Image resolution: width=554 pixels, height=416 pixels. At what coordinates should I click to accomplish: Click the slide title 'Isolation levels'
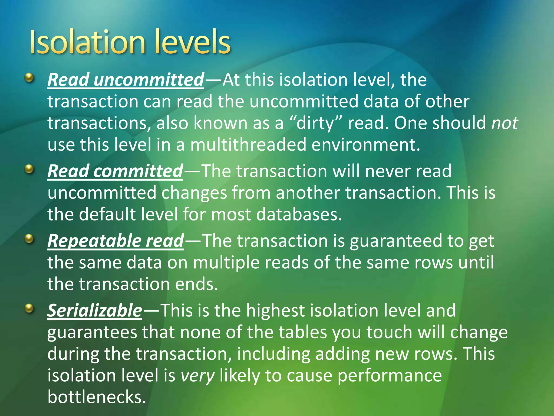[x=130, y=42]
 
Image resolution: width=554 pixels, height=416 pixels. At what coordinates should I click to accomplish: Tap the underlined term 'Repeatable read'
[x=116, y=241]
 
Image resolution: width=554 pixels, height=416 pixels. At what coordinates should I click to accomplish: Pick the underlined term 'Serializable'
[x=95, y=310]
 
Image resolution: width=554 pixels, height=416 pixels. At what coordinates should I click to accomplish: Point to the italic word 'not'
[x=504, y=123]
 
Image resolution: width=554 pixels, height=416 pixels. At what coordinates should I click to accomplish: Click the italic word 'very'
[x=197, y=376]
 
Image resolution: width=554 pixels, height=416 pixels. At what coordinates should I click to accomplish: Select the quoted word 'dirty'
[x=315, y=123]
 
